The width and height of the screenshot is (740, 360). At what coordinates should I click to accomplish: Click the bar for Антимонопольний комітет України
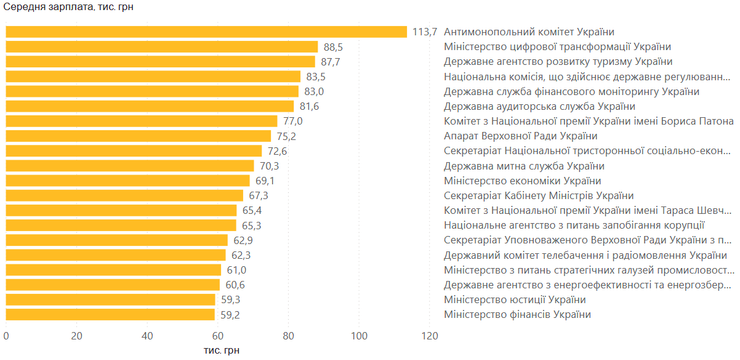(x=206, y=32)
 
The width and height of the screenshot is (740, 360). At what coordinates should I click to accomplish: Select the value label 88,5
(x=332, y=47)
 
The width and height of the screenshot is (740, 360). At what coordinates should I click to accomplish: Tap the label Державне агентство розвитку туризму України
(x=558, y=62)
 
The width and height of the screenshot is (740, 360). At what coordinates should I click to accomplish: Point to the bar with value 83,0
(x=152, y=92)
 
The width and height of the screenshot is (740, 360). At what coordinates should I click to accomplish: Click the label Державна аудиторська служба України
(x=539, y=107)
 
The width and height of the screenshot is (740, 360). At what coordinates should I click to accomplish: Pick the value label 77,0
(x=293, y=122)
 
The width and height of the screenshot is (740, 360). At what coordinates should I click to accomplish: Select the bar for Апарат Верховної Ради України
(x=138, y=136)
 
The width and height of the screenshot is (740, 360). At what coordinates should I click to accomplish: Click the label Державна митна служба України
(x=524, y=167)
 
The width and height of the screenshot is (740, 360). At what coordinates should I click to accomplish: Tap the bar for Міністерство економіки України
(x=127, y=181)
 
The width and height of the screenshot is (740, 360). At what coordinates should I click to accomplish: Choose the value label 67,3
(x=258, y=196)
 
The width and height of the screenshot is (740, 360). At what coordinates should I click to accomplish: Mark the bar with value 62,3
(x=116, y=256)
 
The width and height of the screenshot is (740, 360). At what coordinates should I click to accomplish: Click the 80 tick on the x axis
(x=288, y=336)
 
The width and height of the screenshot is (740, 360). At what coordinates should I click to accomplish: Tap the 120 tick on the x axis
(x=429, y=336)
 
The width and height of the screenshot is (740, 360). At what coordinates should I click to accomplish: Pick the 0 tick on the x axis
(x=6, y=336)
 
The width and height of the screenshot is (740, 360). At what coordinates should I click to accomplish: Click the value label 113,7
(x=425, y=32)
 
